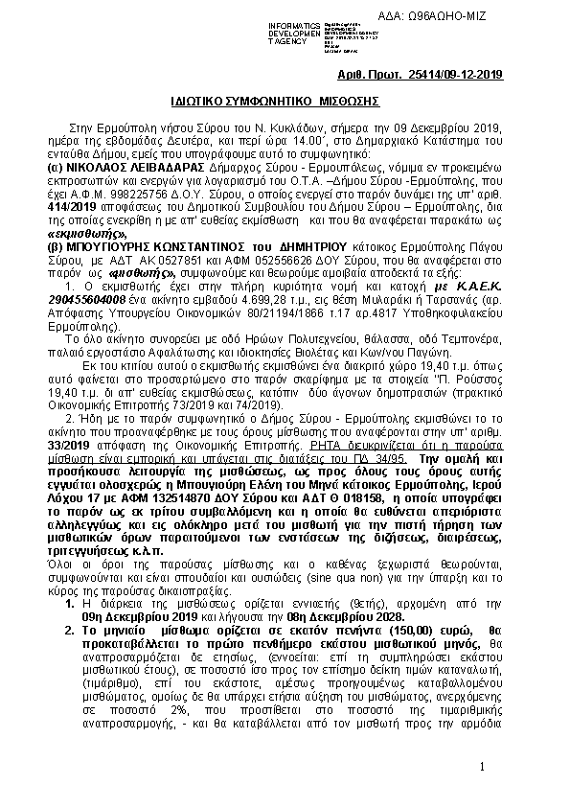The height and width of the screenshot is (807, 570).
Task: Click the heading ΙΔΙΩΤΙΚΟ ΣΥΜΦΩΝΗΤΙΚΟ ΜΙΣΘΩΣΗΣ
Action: pyautogui.click(x=277, y=100)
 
